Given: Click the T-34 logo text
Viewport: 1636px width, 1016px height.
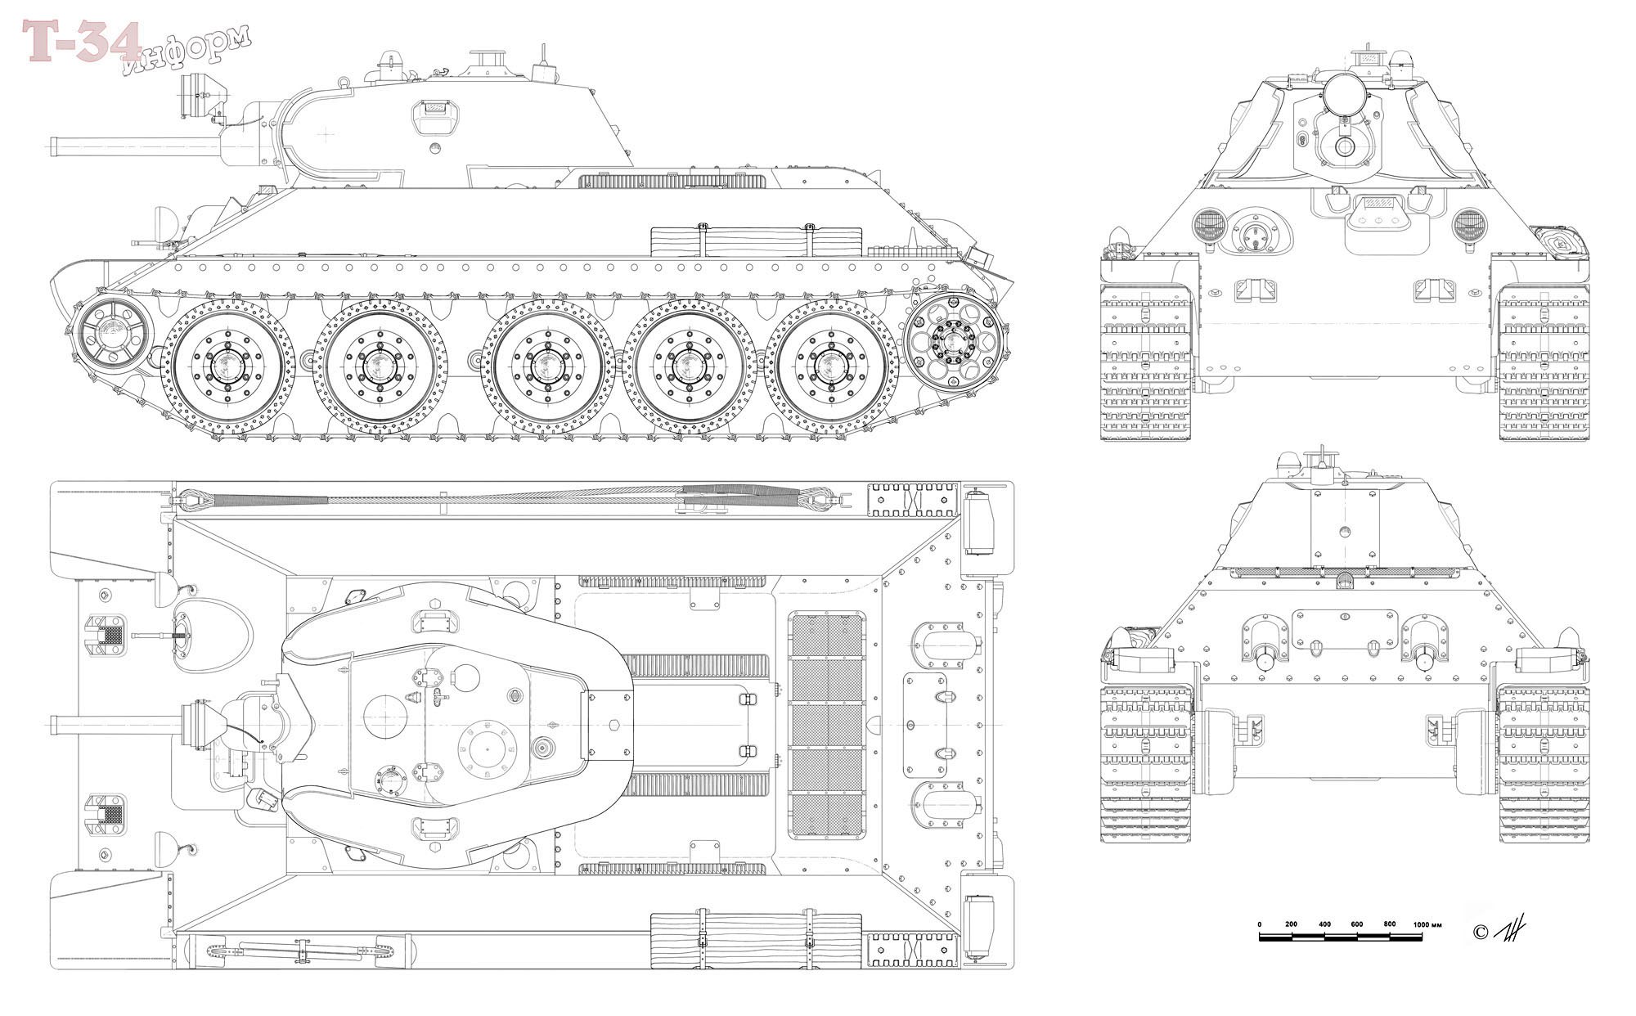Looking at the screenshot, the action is point(82,41).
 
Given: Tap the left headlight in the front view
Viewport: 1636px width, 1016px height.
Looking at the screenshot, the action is point(1207,225).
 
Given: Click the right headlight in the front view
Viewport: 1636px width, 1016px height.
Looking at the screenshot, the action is point(1467,225).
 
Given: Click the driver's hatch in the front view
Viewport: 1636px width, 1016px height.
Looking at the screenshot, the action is point(1378,219).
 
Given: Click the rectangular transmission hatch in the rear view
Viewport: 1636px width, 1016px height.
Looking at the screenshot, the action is point(1345,629).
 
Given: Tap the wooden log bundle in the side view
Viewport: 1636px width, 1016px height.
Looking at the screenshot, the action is point(756,241).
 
